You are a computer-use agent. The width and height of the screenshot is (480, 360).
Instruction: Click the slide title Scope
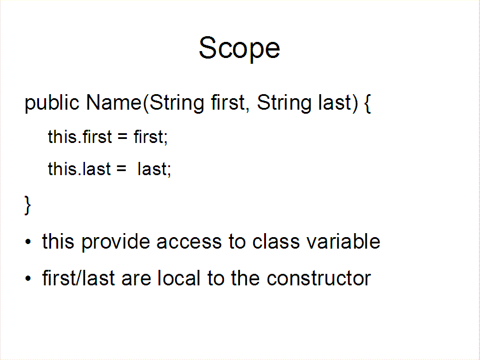tap(239, 48)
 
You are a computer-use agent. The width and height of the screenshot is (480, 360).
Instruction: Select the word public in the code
tap(52, 103)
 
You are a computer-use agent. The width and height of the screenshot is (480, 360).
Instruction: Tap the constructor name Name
tap(114, 102)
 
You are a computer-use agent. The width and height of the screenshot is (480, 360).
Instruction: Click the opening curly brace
tap(367, 103)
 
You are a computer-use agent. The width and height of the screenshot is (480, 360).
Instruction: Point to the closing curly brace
tap(28, 206)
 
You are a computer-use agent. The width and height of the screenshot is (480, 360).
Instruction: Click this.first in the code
tap(80, 137)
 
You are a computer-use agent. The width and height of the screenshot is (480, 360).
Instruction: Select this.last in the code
tap(79, 169)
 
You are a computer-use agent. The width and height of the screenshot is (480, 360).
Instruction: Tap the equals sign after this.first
tap(122, 137)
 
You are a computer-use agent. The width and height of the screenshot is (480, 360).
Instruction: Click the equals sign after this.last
tap(121, 169)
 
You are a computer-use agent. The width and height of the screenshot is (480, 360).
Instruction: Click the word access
tap(189, 242)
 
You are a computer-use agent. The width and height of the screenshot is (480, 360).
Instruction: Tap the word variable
tap(343, 241)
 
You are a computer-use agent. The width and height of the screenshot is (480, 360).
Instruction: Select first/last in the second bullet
tap(79, 278)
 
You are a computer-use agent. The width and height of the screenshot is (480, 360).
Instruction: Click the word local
tap(179, 278)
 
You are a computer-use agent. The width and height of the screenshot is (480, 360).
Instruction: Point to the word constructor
tap(319, 278)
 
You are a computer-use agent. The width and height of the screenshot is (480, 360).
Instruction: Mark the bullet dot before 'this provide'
tap(28, 242)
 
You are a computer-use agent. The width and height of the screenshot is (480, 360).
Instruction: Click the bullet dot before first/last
tap(28, 278)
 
